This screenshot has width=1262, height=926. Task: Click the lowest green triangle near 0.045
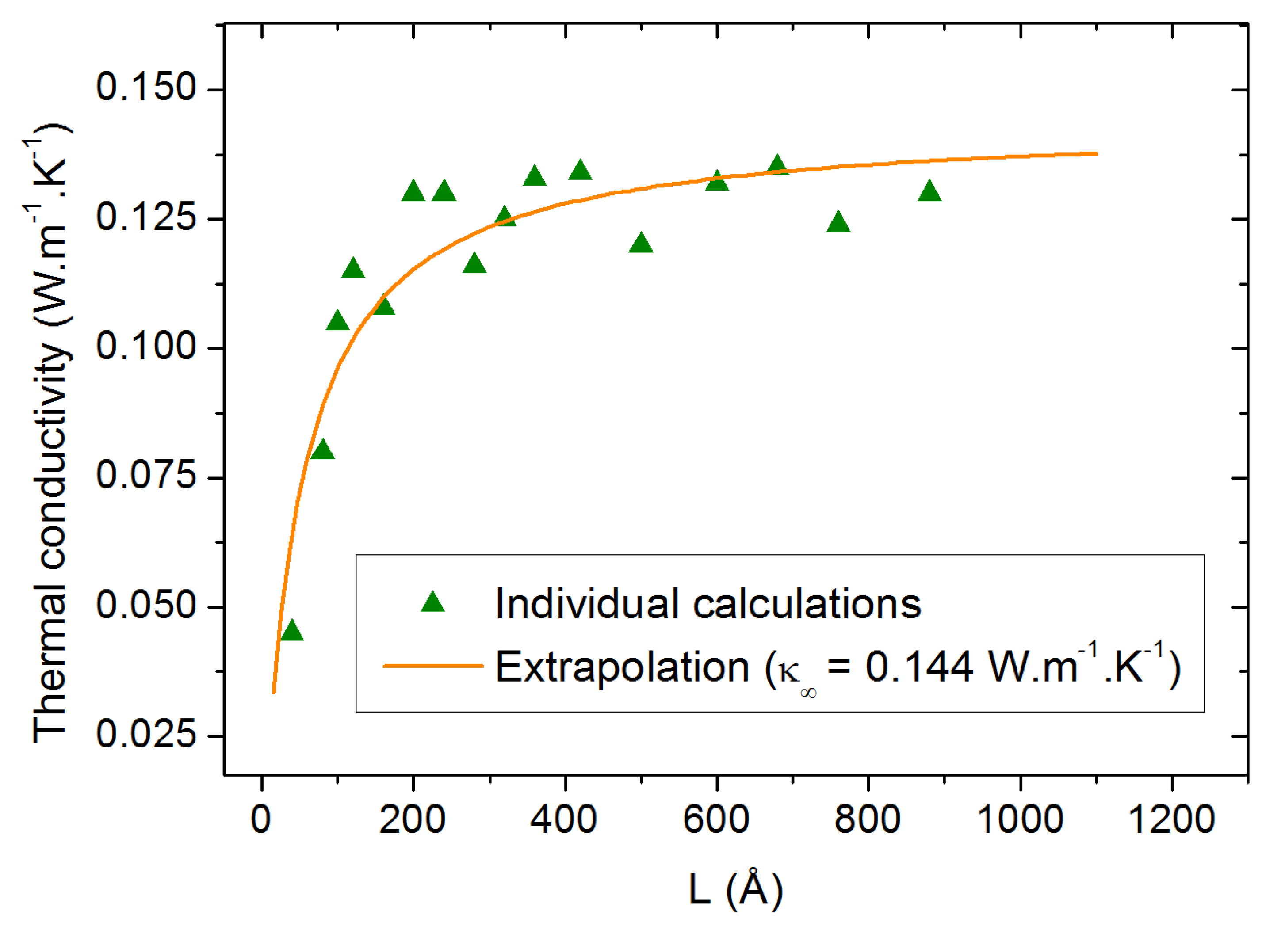pos(291,632)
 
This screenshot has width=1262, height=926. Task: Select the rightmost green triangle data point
pos(929,192)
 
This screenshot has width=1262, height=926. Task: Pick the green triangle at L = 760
pos(838,222)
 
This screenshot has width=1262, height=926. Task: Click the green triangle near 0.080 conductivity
pos(322,450)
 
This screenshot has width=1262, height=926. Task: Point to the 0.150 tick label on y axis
pos(146,88)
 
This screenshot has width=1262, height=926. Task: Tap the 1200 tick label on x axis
pos(1171,819)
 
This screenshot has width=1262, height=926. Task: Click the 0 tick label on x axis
pos(261,819)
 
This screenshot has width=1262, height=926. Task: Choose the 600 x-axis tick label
pos(716,819)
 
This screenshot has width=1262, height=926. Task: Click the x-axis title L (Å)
pos(735,889)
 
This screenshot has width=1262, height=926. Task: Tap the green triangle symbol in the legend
pos(433,602)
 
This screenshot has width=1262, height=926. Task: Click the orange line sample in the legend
pos(433,666)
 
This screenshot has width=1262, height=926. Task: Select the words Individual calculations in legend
pos(708,604)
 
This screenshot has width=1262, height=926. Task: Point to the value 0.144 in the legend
pos(918,667)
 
